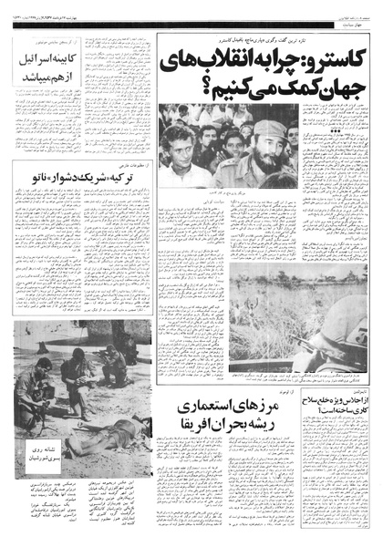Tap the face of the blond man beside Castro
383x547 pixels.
179,147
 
